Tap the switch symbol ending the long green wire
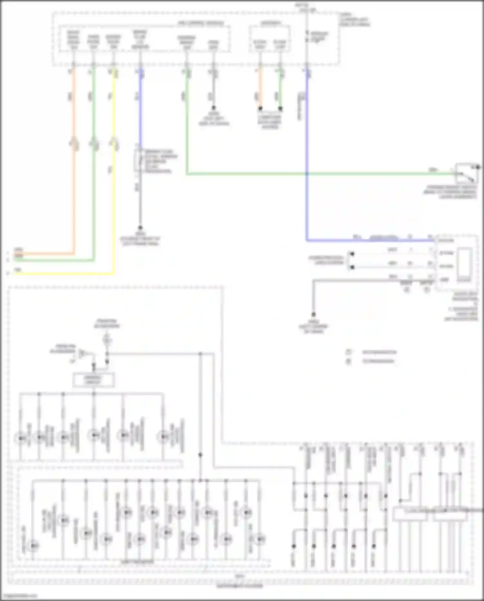point(467,174)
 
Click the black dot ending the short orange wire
point(260,109)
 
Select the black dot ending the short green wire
point(280,109)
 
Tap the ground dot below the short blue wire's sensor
point(140,228)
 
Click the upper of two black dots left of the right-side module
point(352,254)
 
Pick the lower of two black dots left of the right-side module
point(352,267)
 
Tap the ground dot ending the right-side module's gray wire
point(313,314)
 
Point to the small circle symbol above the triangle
point(107,339)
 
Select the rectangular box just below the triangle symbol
point(93,380)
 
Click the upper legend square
point(348,352)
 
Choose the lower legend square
point(348,361)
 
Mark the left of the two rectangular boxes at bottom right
point(410,514)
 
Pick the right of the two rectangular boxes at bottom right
point(450,514)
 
